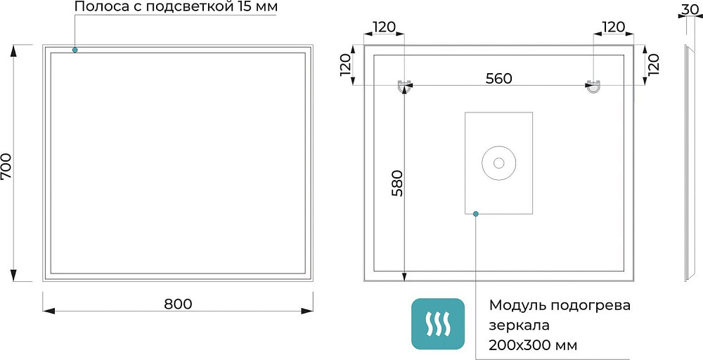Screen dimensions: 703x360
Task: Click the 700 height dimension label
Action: click(x=8, y=167)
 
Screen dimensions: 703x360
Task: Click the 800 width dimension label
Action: click(x=178, y=304)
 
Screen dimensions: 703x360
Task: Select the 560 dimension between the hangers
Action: click(x=498, y=79)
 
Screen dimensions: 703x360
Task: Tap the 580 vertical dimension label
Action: click(x=397, y=183)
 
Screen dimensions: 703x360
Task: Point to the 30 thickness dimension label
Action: click(x=690, y=8)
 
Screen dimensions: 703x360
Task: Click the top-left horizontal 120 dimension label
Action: click(x=385, y=27)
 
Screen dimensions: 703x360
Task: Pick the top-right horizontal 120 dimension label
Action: click(x=613, y=27)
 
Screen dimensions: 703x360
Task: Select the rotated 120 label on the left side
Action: click(x=346, y=65)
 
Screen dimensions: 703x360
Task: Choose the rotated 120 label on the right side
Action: click(x=654, y=65)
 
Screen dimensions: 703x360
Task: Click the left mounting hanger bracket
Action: click(x=404, y=86)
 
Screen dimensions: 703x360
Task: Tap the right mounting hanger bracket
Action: click(x=593, y=86)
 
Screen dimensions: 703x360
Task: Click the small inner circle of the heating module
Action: click(x=498, y=162)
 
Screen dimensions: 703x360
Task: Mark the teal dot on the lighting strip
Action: click(x=75, y=50)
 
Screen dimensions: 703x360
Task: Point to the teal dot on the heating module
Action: click(x=476, y=214)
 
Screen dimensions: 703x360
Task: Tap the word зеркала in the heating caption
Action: click(x=519, y=326)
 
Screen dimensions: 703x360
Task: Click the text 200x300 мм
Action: click(x=533, y=346)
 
